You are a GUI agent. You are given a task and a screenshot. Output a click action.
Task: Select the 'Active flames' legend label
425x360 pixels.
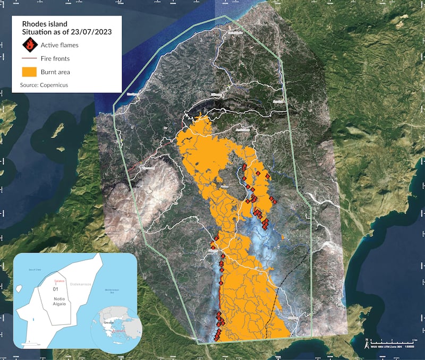(59, 45)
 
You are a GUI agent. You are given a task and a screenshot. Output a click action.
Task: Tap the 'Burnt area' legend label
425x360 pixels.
(56, 72)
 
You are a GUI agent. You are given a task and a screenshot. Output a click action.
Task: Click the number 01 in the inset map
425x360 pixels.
(54, 290)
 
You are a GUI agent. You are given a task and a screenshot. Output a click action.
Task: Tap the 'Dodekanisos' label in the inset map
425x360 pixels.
(84, 285)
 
